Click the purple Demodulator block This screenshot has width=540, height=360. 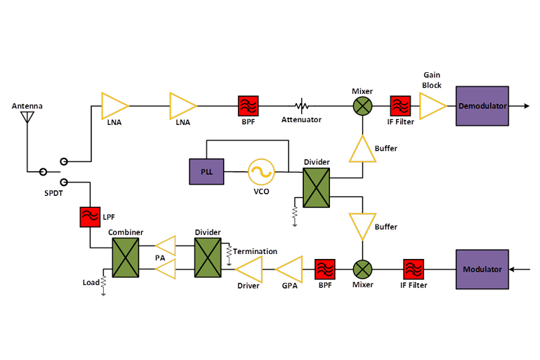tap(482, 106)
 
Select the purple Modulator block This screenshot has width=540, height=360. tap(482, 269)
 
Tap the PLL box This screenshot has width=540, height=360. tap(207, 171)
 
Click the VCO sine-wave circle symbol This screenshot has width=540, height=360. tap(261, 171)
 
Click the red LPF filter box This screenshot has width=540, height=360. tap(90, 217)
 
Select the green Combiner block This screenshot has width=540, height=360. tap(126, 257)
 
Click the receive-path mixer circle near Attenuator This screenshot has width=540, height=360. tap(362, 106)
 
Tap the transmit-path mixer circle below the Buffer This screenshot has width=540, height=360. tap(362, 269)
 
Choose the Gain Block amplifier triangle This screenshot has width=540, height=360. tap(432, 106)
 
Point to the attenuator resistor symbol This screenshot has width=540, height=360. tap(302, 107)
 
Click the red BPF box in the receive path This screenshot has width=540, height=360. tap(249, 106)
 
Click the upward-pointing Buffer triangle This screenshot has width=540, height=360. tap(362, 149)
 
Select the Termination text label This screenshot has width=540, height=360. tap(255, 251)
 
